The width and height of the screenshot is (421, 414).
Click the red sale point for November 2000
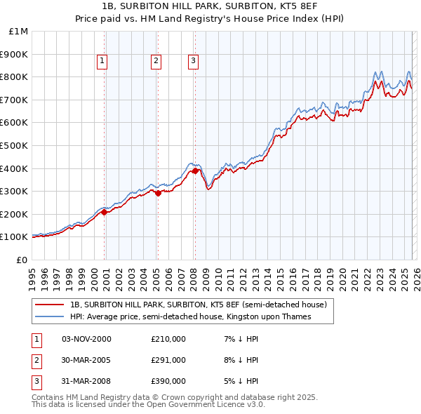pyautogui.click(x=105, y=211)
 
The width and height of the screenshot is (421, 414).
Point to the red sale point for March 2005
pyautogui.click(x=158, y=193)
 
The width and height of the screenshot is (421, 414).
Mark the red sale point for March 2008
pyautogui.click(x=194, y=170)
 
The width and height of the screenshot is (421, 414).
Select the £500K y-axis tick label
pyautogui.click(x=15, y=145)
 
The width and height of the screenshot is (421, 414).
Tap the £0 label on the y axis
pyautogui.click(x=22, y=260)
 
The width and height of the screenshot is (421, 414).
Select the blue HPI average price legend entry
pyautogui.click(x=190, y=317)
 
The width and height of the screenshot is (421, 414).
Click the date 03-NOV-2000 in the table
pyautogui.click(x=86, y=339)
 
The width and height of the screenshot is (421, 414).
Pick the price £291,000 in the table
pyautogui.click(x=168, y=360)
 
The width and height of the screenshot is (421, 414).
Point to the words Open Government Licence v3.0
pyautogui.click(x=210, y=404)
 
